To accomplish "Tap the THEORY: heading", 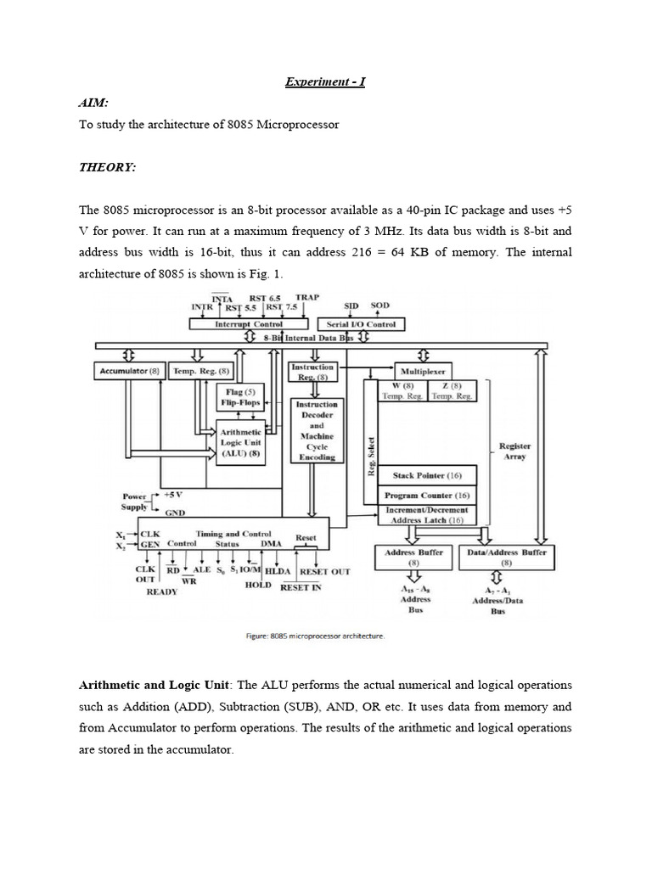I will click(x=107, y=167).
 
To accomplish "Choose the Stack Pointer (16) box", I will click(x=427, y=476).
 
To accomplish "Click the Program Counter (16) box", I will click(x=427, y=496).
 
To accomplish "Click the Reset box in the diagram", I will click(x=306, y=538).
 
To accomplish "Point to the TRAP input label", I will click(x=308, y=298).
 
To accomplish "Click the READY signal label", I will click(x=161, y=591).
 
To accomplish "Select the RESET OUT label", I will click(x=326, y=572).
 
